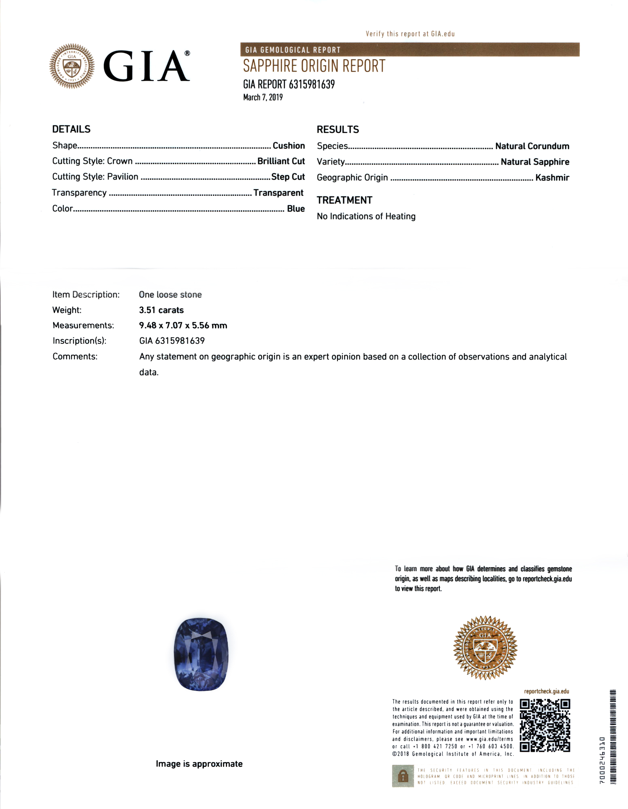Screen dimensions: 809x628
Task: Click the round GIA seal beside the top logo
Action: click(x=72, y=66)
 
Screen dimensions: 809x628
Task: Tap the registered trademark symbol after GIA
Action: click(x=187, y=53)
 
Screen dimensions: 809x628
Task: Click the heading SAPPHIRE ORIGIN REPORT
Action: click(x=314, y=66)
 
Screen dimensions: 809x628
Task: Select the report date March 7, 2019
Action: click(x=263, y=97)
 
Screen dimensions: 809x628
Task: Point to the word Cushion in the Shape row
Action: click(x=289, y=146)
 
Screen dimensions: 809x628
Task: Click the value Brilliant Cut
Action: click(x=281, y=161)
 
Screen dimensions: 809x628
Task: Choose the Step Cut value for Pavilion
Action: click(x=288, y=177)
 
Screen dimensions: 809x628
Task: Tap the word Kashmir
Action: click(x=552, y=178)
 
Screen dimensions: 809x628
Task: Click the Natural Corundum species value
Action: click(x=532, y=146)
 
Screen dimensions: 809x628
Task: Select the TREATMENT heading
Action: click(x=344, y=200)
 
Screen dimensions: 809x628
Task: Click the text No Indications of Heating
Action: click(x=366, y=216)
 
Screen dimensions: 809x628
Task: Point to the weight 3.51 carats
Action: click(x=161, y=310)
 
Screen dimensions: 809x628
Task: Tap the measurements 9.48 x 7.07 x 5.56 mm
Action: click(x=183, y=326)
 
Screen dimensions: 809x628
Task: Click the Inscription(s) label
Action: click(x=79, y=341)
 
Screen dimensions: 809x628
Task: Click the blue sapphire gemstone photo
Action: click(x=201, y=654)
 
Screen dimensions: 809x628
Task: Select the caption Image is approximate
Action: click(x=199, y=764)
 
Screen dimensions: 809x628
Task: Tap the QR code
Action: click(x=545, y=725)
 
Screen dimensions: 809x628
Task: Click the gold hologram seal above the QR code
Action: click(x=485, y=648)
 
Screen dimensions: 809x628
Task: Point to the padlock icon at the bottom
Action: click(x=403, y=776)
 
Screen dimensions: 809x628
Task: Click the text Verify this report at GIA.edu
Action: click(x=410, y=34)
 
